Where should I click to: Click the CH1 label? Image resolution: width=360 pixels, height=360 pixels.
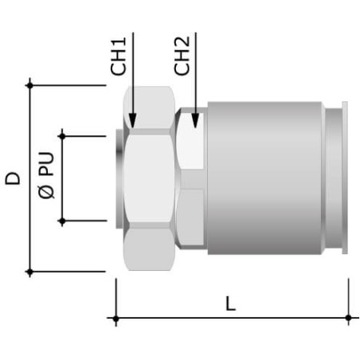(x=119, y=57)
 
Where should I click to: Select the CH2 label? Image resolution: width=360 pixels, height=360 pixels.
(x=182, y=56)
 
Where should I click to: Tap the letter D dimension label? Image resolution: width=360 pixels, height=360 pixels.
(x=13, y=178)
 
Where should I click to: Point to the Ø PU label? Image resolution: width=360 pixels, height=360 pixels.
(x=46, y=175)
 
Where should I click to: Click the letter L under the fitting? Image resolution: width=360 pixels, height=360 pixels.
(x=230, y=303)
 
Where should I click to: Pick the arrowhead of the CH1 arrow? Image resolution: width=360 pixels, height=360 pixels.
(x=133, y=120)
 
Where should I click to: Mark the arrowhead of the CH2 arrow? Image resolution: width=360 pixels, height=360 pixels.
(x=195, y=120)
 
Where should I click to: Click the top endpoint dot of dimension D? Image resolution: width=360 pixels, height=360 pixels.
(x=29, y=85)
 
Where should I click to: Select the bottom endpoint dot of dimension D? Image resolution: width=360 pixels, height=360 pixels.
(x=29, y=272)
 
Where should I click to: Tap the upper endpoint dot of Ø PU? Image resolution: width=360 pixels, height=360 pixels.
(x=62, y=136)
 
